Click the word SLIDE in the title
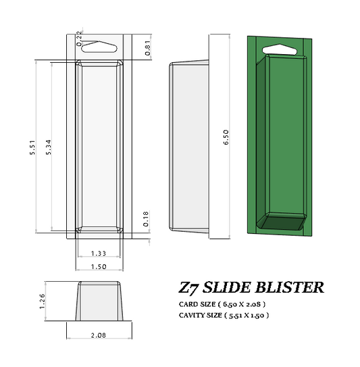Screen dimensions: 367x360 click(x=233, y=287)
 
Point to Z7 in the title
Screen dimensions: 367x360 click(x=190, y=287)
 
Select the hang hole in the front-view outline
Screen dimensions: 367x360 click(x=99, y=47)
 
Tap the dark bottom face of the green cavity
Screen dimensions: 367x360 click(x=284, y=222)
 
